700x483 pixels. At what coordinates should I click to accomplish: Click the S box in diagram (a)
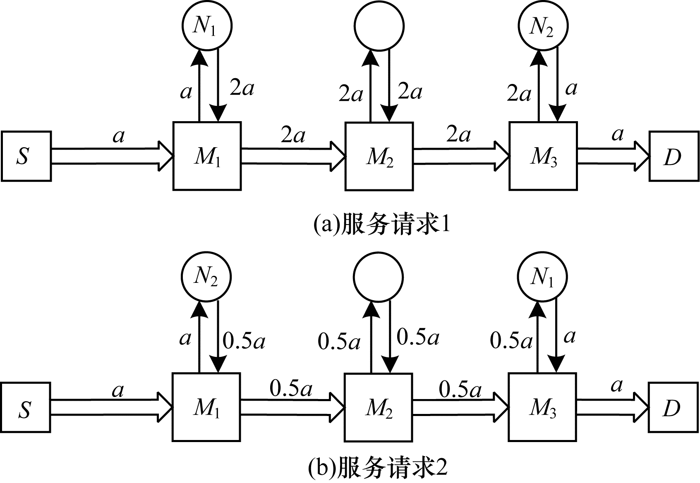coord(26,156)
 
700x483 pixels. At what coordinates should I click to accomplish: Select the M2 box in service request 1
coord(379,156)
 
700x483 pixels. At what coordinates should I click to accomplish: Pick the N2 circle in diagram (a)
coord(543,26)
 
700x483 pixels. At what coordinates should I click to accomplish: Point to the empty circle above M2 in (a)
coord(379,26)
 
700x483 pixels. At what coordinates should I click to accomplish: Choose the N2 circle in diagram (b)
coord(206,277)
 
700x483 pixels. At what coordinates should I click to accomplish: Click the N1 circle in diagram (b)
coord(542,277)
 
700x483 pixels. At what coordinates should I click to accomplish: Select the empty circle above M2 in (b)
coord(378,277)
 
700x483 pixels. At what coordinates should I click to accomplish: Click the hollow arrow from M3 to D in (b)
coord(612,407)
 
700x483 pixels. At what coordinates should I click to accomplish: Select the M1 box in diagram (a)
coord(207,156)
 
